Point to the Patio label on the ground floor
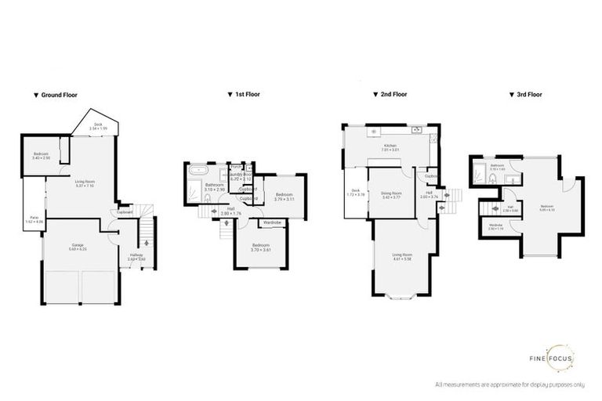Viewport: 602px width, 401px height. point(34,219)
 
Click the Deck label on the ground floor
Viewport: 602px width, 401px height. point(98,125)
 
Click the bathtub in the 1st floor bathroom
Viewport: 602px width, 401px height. point(195,170)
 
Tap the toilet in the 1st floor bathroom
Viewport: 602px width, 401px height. point(207,198)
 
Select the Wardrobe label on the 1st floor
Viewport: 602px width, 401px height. point(272,223)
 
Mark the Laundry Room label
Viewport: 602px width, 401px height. point(239,178)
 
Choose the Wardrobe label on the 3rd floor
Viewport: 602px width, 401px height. point(495,227)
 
